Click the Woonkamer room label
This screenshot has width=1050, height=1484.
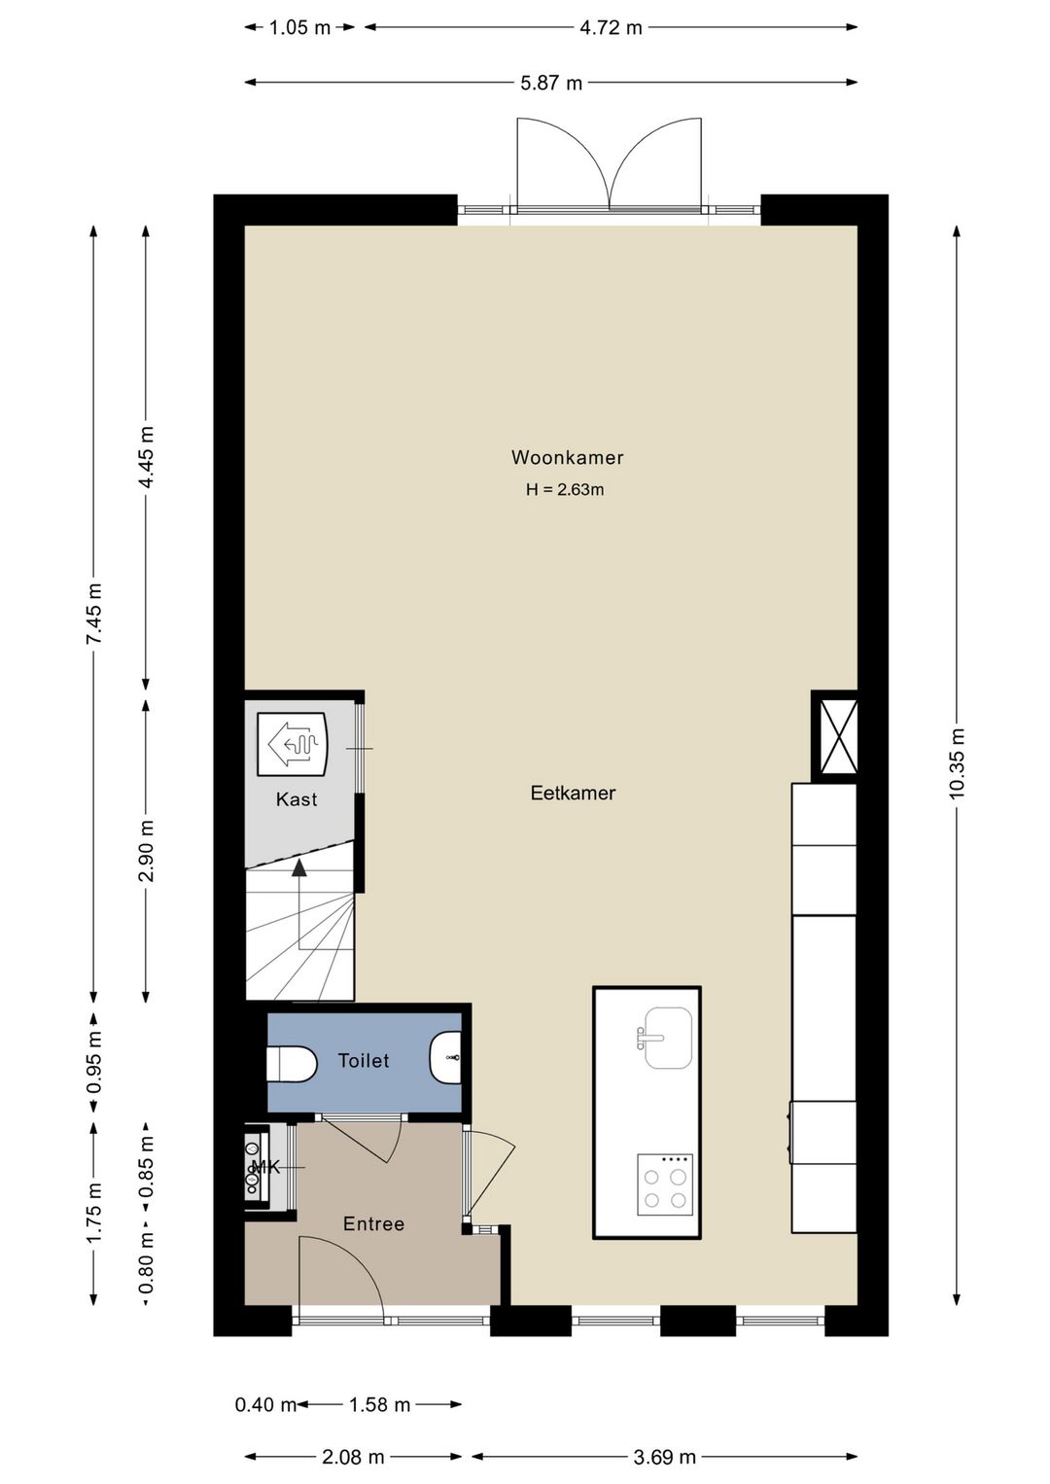[x=567, y=457]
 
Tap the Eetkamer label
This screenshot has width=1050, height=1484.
[x=573, y=793]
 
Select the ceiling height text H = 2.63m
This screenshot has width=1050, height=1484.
[x=565, y=490]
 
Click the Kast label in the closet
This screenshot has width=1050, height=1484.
[x=297, y=799]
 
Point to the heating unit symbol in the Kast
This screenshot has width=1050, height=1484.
[x=292, y=743]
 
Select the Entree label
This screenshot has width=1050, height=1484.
[x=373, y=1223]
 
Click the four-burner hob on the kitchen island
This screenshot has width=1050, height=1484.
[x=664, y=1184]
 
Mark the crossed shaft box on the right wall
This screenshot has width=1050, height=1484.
[x=835, y=736]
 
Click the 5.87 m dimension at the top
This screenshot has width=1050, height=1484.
[x=551, y=83]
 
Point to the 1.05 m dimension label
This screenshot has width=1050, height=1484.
[x=299, y=28]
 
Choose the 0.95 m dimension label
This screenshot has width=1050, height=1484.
[x=94, y=1062]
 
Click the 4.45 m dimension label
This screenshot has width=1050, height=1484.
[x=146, y=457]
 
